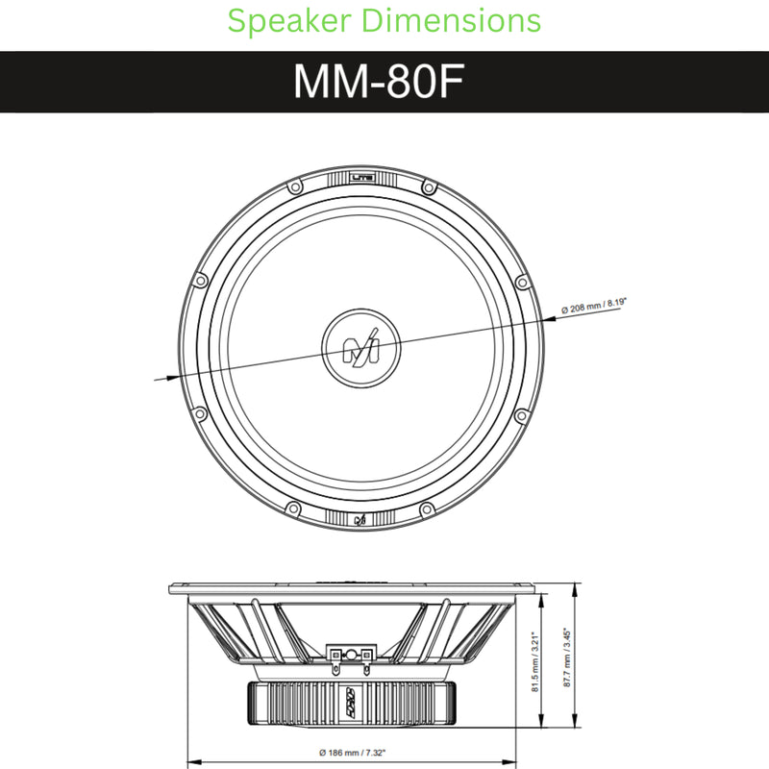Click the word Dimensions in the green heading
click(x=459, y=21)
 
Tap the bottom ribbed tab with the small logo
click(x=359, y=519)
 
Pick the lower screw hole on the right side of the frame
click(x=520, y=415)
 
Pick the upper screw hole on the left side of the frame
click(x=200, y=281)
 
